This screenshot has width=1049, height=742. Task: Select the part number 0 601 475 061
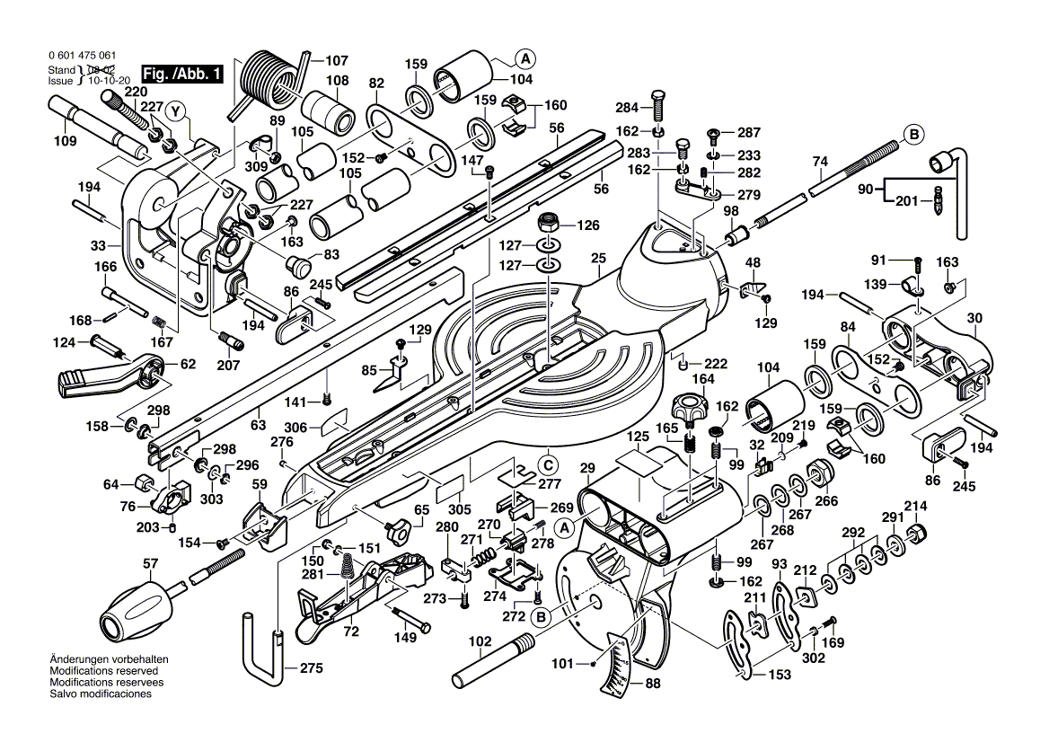[x=83, y=56]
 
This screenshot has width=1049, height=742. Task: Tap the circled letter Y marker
[x=177, y=112]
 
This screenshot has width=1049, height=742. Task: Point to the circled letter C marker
[x=544, y=464]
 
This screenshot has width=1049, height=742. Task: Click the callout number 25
[x=598, y=259]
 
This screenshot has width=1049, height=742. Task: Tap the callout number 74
[x=818, y=162]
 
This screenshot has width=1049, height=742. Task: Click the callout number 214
[x=915, y=505]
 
